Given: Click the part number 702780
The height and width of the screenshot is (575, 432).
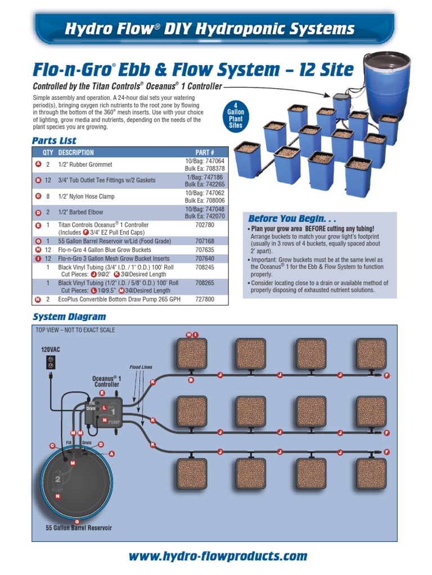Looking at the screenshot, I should pos(204,225).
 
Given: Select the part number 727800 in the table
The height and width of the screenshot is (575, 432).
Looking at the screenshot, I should pos(204,300).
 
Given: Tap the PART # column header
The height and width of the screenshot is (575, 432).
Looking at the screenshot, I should pos(204,153).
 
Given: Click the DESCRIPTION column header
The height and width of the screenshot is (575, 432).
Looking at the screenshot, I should pos(76,153).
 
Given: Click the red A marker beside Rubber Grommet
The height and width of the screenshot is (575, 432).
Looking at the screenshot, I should pos(38,164).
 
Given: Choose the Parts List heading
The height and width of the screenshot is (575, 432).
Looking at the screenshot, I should pos(54,140).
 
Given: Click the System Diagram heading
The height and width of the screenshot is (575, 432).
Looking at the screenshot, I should pos(69,317).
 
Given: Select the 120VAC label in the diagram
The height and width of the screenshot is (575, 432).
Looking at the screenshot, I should pos(50,349).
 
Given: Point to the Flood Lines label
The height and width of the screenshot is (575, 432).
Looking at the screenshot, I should pos(141,367).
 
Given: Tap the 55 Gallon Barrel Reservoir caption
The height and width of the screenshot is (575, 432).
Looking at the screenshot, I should pos(79,528).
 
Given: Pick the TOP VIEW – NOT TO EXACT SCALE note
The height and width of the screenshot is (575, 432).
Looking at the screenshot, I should pos(75,330).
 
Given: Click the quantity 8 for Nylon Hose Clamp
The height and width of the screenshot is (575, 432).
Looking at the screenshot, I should pos(48,197).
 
